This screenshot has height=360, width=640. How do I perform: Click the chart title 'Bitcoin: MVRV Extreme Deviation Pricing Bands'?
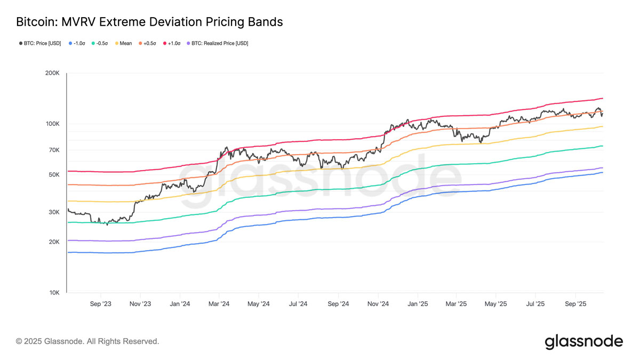point(149,22)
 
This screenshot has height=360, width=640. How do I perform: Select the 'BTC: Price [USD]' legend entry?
point(40,43)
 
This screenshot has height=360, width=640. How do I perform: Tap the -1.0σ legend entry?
point(77,43)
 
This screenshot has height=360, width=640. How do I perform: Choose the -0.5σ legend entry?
point(100,43)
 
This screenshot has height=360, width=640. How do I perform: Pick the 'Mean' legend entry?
point(123,43)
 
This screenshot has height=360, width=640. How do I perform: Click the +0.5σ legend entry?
point(147,43)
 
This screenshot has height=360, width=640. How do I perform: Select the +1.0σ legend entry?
point(172,43)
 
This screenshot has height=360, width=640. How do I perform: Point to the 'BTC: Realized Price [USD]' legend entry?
point(218,43)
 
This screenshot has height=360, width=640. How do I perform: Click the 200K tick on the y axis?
point(52,73)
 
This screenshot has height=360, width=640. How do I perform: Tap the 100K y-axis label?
point(53,124)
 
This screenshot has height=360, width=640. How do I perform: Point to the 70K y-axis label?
point(54,150)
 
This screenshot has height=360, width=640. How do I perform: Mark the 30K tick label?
point(54,212)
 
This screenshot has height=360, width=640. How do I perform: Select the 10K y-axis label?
point(54,293)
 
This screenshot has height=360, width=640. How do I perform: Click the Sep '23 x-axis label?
point(101,304)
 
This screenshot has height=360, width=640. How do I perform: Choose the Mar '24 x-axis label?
point(219,304)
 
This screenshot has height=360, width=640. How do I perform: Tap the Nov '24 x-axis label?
point(378,304)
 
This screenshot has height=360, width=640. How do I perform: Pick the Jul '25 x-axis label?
point(535,304)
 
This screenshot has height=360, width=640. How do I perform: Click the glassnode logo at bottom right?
point(583,342)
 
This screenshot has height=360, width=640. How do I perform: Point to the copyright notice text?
point(87,341)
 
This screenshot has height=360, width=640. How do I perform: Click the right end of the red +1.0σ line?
point(603,98)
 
